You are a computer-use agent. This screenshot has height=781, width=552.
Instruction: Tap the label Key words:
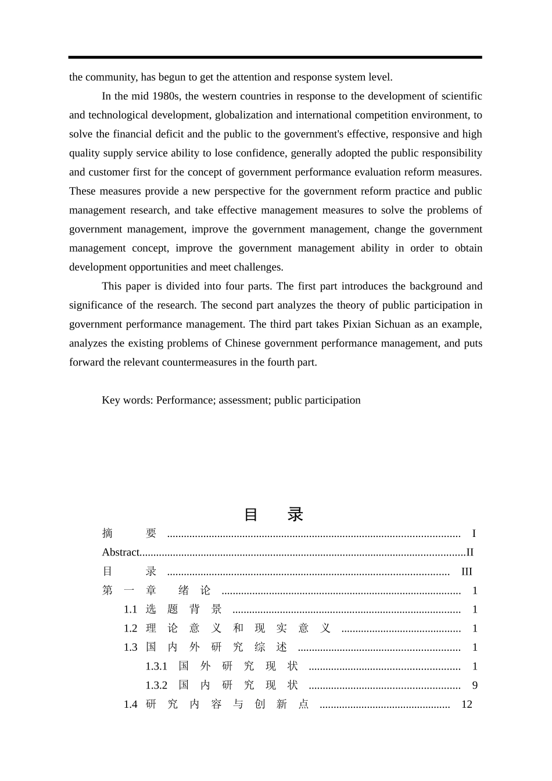[127, 400]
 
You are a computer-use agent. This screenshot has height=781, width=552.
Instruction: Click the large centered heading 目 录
[273, 514]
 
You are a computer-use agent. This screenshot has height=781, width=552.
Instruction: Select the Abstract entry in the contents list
[121, 553]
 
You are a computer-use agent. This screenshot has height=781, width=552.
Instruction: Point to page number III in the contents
[467, 572]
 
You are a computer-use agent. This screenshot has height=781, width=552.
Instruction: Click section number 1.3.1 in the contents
[156, 667]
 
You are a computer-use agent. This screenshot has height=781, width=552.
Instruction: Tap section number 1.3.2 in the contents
[156, 686]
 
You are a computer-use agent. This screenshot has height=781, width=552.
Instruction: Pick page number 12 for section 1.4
[467, 704]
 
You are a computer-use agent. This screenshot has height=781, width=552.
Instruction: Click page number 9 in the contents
[475, 686]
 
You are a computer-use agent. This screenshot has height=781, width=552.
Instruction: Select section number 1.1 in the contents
[130, 610]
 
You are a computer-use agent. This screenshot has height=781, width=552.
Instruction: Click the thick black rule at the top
[275, 57]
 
